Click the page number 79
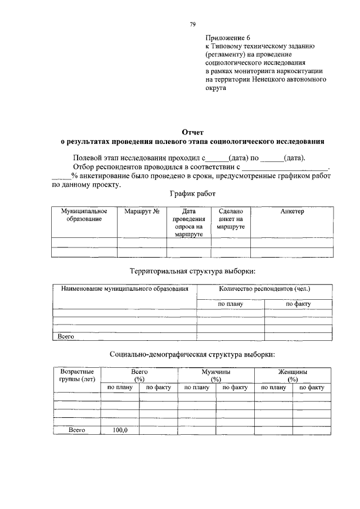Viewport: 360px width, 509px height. (x=192, y=24)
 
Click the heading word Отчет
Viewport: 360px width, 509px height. (x=192, y=132)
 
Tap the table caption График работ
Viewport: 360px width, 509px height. (x=192, y=194)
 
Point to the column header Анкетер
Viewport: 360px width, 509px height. (x=291, y=211)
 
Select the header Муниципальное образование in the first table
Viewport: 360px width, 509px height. (x=84, y=215)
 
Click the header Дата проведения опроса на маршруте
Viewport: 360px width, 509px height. (x=188, y=223)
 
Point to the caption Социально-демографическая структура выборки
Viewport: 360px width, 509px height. (x=192, y=355)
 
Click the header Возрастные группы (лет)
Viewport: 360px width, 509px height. (x=76, y=375)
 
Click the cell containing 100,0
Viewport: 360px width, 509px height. (x=120, y=430)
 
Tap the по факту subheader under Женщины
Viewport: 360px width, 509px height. (x=312, y=388)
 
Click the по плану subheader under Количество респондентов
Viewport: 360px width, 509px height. (x=229, y=304)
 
